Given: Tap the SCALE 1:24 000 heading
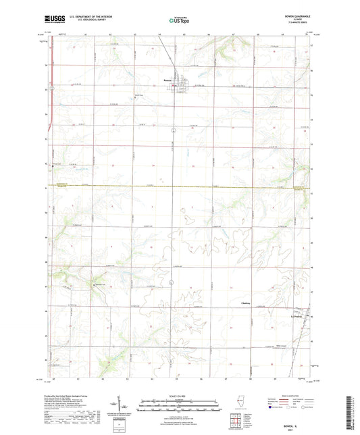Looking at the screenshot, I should (x=180, y=396).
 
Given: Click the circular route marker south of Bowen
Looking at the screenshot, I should (x=174, y=129).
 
